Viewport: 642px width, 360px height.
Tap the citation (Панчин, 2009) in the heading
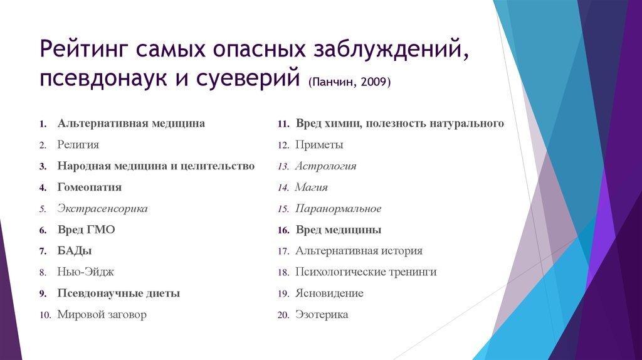point(349,82)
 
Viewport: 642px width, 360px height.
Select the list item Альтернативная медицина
point(131,124)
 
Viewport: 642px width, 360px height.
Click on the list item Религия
point(78,145)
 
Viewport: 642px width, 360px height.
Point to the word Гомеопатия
point(90,187)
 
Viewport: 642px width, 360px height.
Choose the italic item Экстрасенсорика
point(103,208)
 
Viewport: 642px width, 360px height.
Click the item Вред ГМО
point(86,230)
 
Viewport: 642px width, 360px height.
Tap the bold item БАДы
point(75,251)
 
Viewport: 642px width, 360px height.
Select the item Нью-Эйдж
point(85,272)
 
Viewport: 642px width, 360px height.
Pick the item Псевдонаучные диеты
point(119,294)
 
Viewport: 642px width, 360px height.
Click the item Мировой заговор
point(102,315)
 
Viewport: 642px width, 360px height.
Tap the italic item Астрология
point(326,166)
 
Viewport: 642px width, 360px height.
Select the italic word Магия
point(312,187)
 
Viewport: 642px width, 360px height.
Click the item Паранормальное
point(339,208)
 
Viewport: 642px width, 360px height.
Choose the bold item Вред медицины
point(339,230)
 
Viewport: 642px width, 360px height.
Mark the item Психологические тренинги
point(366,272)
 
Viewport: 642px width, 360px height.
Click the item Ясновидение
point(329,294)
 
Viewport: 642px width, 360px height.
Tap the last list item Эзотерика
point(322,315)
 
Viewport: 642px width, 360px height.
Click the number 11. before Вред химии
point(283,124)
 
